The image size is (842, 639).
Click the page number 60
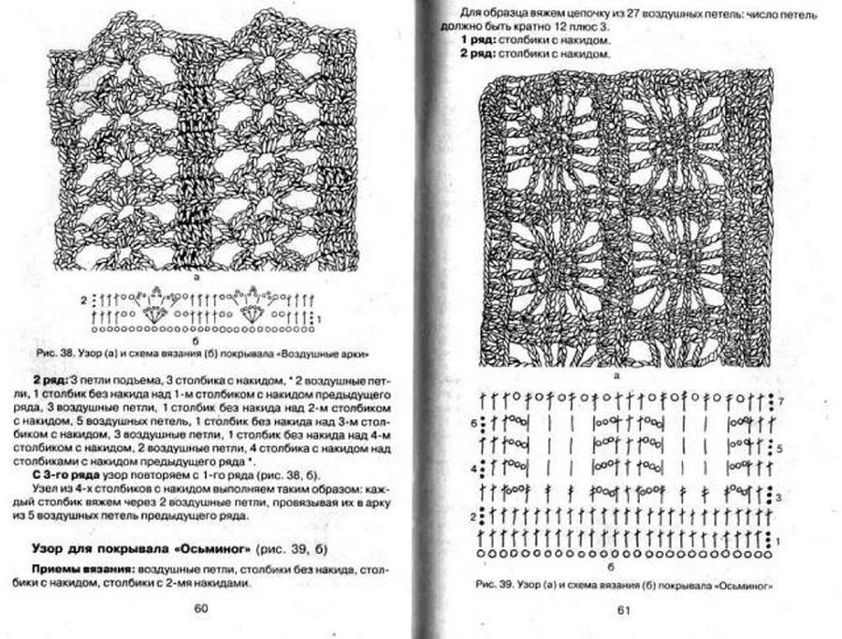(200, 609)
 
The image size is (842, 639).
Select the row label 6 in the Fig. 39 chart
(473, 423)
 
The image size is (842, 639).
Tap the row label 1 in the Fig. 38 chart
(320, 319)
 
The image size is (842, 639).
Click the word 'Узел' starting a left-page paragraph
(47, 492)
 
